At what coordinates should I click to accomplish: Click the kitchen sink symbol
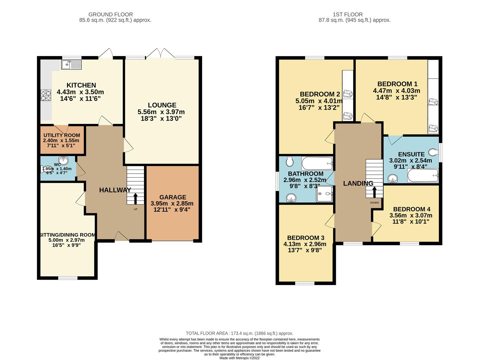point(71,64)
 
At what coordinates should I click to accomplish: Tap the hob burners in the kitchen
point(46,95)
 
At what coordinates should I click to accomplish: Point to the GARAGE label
point(173,197)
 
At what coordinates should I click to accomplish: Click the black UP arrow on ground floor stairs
point(135,199)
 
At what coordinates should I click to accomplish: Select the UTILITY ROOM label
point(62,135)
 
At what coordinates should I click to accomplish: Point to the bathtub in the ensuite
point(422,176)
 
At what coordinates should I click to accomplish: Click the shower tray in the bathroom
point(324,194)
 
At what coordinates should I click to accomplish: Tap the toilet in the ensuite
point(434,152)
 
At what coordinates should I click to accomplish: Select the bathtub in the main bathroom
point(317,163)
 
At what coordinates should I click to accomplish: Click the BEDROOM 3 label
point(305,238)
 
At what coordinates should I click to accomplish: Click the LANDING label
point(358,184)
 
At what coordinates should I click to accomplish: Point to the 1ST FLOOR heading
point(347,14)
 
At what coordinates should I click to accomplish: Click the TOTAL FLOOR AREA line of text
point(239,333)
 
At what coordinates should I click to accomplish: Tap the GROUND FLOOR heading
point(110,14)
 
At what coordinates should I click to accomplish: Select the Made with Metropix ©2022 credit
point(239,358)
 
